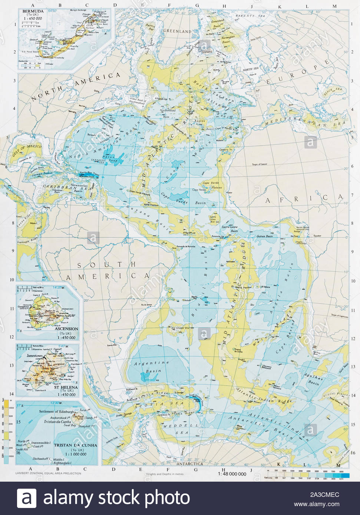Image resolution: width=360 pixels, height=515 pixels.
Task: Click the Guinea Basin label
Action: point(264,236)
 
